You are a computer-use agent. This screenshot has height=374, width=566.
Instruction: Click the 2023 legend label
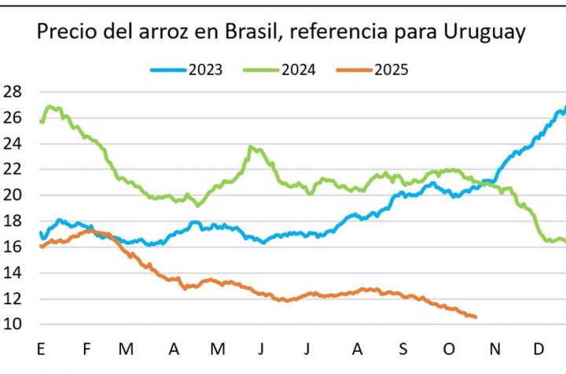[x=205, y=69]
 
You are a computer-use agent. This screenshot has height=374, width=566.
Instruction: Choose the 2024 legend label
[x=299, y=69]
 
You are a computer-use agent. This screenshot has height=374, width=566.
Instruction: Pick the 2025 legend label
[x=391, y=69]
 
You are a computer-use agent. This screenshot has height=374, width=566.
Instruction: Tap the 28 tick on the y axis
[x=13, y=91]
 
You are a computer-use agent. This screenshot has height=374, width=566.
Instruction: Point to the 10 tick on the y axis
[x=13, y=324]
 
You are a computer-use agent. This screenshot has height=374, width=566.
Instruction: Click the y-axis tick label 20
[x=13, y=195]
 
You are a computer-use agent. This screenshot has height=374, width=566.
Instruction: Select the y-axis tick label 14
[x=13, y=272]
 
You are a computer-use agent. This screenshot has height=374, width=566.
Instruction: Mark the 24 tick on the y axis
[x=13, y=143]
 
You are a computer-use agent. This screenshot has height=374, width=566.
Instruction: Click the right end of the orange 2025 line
[x=475, y=317]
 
